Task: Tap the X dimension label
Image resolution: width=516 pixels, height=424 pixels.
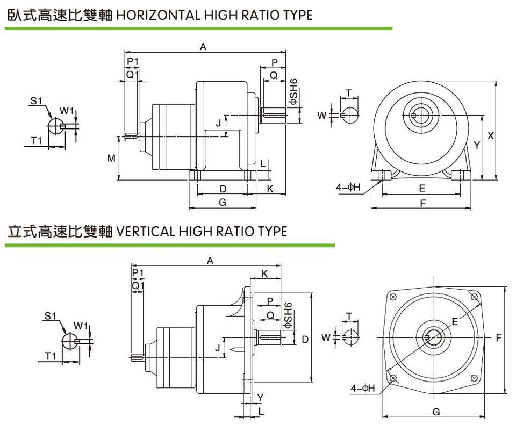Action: tap(491, 136)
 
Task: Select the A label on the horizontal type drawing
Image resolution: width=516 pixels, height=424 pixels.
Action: tap(203, 47)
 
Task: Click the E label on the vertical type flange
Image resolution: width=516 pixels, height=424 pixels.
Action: tap(455, 321)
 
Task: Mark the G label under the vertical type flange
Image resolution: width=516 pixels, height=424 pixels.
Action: tap(436, 412)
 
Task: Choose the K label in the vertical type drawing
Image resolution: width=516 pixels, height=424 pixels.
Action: tap(264, 274)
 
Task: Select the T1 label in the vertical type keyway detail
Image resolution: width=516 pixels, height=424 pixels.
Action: tap(51, 356)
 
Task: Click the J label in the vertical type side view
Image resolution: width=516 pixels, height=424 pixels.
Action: tap(218, 348)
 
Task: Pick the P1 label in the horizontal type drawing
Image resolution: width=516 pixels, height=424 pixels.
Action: tap(133, 61)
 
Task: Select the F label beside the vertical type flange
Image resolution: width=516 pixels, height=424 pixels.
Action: tap(498, 338)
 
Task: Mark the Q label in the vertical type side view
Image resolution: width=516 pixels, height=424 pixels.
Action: tap(270, 314)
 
